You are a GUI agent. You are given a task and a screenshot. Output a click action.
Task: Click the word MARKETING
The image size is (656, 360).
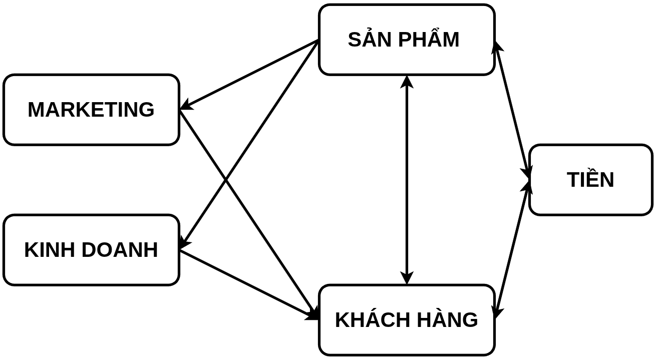pyautogui.click(x=91, y=110)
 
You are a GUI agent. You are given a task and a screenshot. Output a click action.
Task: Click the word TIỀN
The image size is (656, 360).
pyautogui.click(x=590, y=179)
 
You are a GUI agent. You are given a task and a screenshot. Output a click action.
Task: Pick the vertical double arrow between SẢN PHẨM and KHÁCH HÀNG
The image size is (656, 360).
pyautogui.click(x=407, y=180)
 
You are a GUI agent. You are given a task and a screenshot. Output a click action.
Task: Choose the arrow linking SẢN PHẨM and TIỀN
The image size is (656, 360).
pyautogui.click(x=511, y=110)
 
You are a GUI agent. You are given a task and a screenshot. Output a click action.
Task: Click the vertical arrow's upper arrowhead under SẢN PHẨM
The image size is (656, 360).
pyautogui.click(x=407, y=81)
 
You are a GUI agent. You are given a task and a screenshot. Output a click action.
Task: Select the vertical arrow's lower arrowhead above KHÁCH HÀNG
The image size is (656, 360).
pyautogui.click(x=407, y=278)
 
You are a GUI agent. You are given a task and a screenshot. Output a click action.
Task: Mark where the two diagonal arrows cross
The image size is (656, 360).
pyautogui.click(x=225, y=179)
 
